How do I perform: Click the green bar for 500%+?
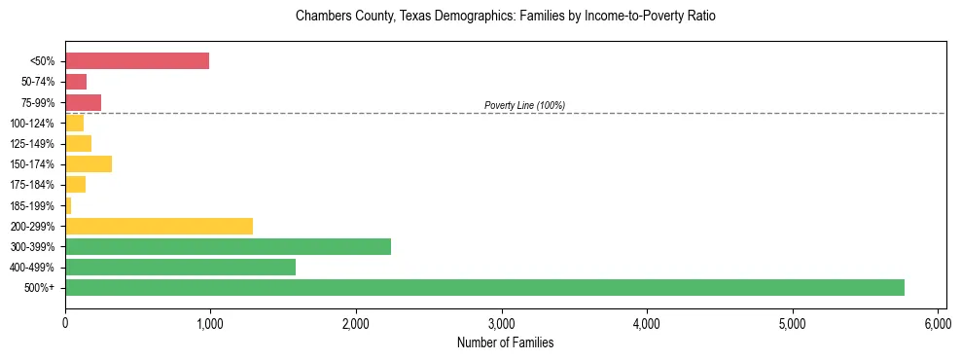(484, 287)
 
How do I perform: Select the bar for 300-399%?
(228, 246)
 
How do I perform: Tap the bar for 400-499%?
(180, 267)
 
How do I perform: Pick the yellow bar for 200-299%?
(159, 226)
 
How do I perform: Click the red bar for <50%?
(137, 61)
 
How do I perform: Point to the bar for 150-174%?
(89, 164)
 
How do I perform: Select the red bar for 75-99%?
(83, 102)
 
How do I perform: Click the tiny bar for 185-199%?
(68, 205)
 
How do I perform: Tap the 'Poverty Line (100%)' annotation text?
(524, 105)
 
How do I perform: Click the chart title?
(505, 18)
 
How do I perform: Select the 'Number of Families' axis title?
(505, 342)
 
